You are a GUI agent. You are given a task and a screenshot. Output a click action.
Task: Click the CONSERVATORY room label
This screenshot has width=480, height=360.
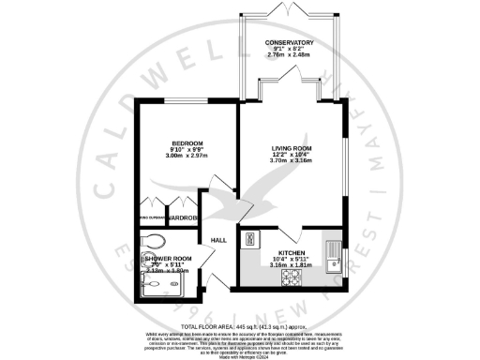(289, 44)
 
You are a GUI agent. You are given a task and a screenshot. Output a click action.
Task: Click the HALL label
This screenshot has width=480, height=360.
(218, 240)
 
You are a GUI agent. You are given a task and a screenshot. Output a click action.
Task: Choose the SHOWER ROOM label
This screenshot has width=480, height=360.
(170, 259)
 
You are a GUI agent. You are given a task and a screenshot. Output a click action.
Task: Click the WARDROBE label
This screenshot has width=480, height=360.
(183, 218)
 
